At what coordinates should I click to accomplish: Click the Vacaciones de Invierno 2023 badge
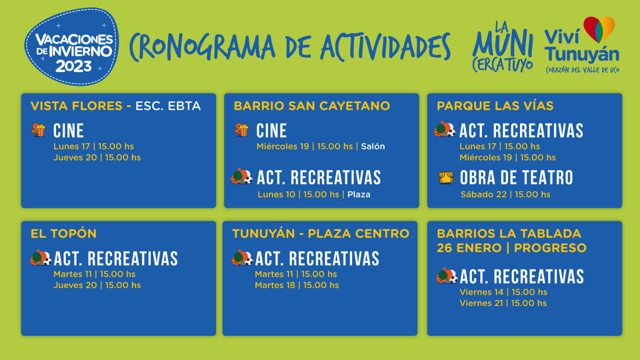(x=72, y=46)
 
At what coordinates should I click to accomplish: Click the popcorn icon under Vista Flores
(x=38, y=130)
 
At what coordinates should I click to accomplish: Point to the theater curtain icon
(x=446, y=178)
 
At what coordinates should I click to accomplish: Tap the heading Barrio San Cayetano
(x=312, y=106)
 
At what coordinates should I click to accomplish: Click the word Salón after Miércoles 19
(x=373, y=146)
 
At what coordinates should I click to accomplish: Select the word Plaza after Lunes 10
(x=359, y=194)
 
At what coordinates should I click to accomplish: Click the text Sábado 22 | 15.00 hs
(x=506, y=194)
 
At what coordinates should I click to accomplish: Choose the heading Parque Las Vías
(x=495, y=106)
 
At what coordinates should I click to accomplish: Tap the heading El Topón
(x=64, y=234)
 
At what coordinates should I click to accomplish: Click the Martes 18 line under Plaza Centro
(x=297, y=285)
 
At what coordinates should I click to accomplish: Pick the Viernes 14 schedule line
(x=504, y=292)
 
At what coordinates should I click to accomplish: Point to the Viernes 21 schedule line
(x=503, y=303)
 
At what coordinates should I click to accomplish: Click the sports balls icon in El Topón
(x=41, y=258)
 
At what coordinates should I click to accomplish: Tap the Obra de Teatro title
(x=516, y=178)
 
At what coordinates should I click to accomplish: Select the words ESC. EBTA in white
(x=168, y=106)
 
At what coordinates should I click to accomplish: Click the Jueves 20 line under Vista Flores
(x=97, y=158)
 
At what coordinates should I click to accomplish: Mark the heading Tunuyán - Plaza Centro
(x=320, y=234)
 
